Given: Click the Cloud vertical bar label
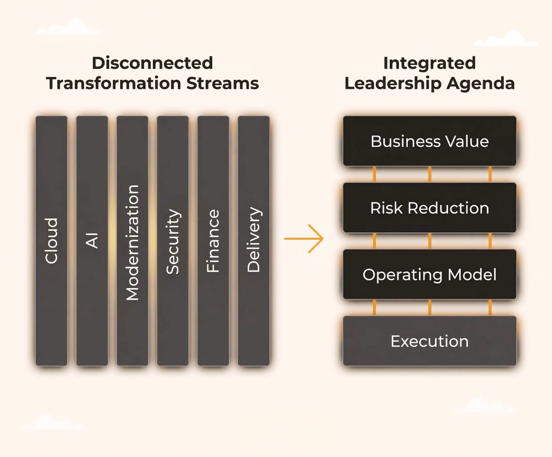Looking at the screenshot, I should click(52, 241).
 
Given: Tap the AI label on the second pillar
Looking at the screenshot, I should click(92, 241).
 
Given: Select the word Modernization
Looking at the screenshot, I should click(132, 242).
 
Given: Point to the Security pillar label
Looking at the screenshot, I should click(173, 242).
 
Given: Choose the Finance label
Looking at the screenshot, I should click(213, 241).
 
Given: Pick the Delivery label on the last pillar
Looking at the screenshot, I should click(253, 240).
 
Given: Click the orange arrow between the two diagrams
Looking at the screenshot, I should click(304, 238).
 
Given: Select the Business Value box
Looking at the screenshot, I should click(430, 141).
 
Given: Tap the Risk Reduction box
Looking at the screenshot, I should click(430, 208).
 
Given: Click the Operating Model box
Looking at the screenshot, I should click(430, 274).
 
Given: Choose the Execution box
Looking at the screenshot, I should click(430, 341).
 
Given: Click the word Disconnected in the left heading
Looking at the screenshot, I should click(153, 63).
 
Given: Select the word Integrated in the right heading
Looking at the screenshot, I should click(430, 63).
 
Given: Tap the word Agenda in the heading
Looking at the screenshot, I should click(484, 83).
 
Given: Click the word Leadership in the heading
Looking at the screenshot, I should click(396, 83).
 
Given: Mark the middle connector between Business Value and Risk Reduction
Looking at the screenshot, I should click(430, 174).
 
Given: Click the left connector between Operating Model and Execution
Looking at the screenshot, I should click(374, 307).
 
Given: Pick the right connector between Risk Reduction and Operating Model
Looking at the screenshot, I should click(490, 241).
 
